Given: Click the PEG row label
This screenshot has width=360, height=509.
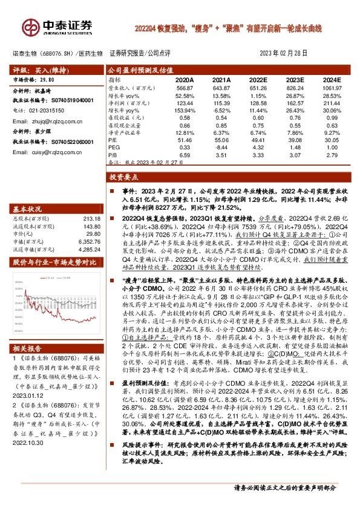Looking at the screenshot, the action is tap(113, 146).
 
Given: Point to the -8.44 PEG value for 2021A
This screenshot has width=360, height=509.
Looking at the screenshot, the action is tap(221, 146).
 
